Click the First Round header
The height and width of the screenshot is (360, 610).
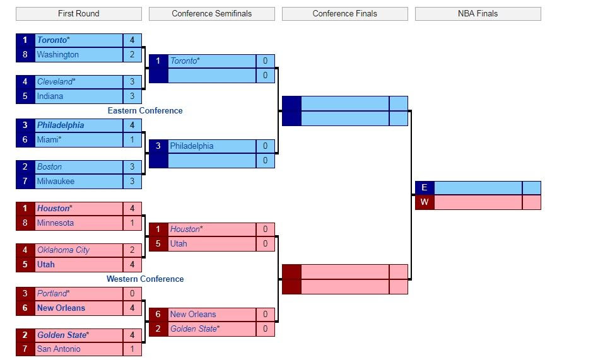[78, 13]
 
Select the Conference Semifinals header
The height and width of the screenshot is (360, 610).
[211, 13]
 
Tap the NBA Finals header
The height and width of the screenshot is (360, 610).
[478, 13]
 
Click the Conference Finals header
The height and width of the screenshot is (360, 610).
[344, 13]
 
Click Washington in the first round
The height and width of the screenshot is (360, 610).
[58, 55]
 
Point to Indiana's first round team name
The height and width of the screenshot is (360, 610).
[50, 96]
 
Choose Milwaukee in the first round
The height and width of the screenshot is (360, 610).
[56, 182]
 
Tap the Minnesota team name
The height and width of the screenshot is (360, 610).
[56, 223]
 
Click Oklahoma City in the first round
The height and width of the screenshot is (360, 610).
[63, 250]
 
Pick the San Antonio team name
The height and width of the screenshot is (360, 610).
[59, 349]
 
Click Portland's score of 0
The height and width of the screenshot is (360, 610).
[132, 294]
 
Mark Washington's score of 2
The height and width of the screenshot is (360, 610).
[132, 55]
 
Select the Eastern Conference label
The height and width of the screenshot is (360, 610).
[145, 111]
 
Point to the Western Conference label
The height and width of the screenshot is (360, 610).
[145, 279]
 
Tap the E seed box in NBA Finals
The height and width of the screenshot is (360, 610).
[425, 188]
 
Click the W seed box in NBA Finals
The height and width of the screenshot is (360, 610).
[425, 202]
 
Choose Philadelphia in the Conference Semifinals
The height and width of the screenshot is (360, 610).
[192, 146]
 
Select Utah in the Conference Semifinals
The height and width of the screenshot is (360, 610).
[179, 244]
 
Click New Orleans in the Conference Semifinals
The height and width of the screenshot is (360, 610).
[193, 315]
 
